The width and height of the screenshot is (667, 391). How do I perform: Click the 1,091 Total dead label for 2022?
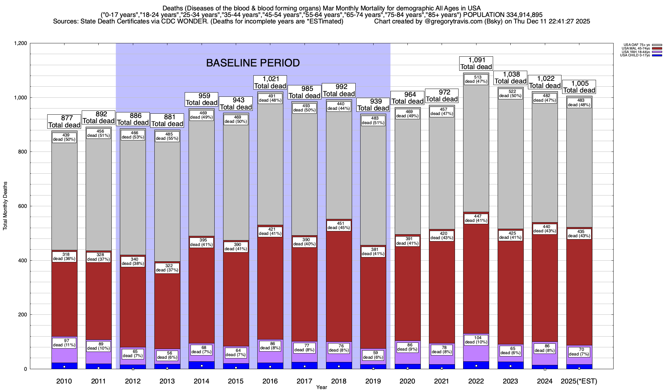476,64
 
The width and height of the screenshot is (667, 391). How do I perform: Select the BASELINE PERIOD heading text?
253,63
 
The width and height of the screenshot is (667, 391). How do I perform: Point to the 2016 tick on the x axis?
270,381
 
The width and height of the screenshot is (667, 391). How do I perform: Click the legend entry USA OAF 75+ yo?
637,45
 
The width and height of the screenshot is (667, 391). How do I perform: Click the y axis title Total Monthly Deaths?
5,206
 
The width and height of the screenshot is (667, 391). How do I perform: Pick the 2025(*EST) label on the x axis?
579,381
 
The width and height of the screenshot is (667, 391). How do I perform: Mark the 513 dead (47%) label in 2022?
476,80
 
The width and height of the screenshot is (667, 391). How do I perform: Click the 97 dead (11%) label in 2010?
64,343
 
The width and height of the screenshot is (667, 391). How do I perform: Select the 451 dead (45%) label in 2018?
339,226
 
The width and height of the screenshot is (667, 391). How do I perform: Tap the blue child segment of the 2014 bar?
202,365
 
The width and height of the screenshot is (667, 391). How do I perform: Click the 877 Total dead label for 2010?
64,122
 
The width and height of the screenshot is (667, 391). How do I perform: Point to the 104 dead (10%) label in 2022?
476,340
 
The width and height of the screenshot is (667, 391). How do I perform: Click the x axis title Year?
321,387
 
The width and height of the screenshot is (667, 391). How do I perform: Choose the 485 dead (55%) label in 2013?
167,136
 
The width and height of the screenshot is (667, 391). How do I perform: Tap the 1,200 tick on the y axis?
20,43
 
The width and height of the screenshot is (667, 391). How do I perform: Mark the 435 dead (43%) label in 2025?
579,234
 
